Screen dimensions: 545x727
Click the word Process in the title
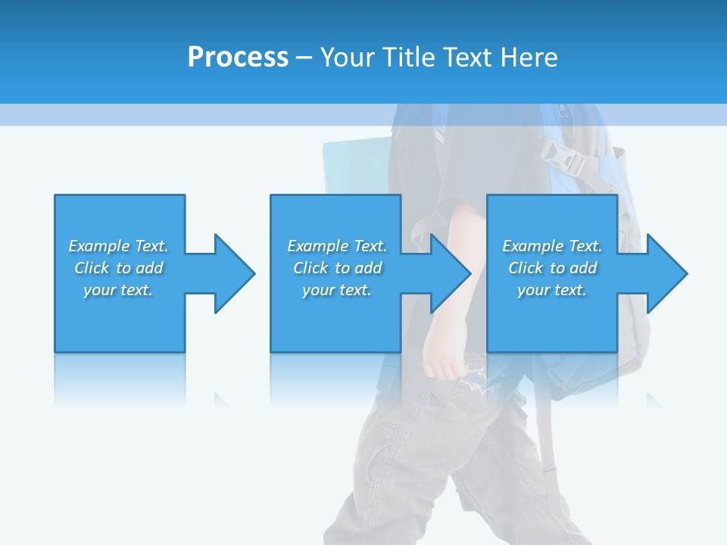238,58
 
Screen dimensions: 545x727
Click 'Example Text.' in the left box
118,246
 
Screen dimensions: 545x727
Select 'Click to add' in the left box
118,268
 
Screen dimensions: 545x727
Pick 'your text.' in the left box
118,290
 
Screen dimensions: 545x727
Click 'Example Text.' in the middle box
337,246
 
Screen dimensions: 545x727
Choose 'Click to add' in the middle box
337,268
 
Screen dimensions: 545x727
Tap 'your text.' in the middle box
337,290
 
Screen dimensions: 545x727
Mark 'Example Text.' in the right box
552,246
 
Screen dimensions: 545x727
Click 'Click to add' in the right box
552,268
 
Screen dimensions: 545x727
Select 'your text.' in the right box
552,290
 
